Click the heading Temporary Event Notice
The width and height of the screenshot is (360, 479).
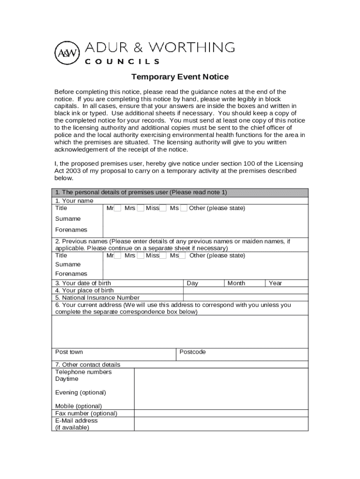tap(180, 77)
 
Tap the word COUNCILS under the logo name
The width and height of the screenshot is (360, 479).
tap(122, 61)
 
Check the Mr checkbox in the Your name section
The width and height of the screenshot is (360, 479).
tap(118, 208)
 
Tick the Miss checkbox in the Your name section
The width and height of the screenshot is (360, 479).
tap(163, 208)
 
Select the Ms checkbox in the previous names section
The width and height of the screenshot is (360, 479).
tap(182, 256)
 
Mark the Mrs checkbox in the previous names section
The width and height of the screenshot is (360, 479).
tap(140, 256)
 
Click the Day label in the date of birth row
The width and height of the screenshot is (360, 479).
tap(192, 283)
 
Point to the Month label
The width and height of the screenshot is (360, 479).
tap(236, 283)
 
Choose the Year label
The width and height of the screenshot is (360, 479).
tap(275, 283)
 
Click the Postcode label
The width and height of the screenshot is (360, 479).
tap(193, 352)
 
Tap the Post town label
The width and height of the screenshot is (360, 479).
tap(69, 352)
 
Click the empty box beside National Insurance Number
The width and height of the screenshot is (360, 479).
tap(245, 298)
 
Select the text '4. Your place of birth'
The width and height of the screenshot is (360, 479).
tap(84, 290)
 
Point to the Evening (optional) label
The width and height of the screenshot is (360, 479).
tap(80, 392)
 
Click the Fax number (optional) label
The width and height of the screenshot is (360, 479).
tap(86, 414)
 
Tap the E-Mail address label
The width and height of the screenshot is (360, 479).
tap(76, 421)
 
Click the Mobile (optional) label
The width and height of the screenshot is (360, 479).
tap(78, 406)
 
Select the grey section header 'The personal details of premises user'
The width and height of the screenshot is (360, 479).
tap(141, 193)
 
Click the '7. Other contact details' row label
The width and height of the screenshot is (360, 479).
tap(87, 365)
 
